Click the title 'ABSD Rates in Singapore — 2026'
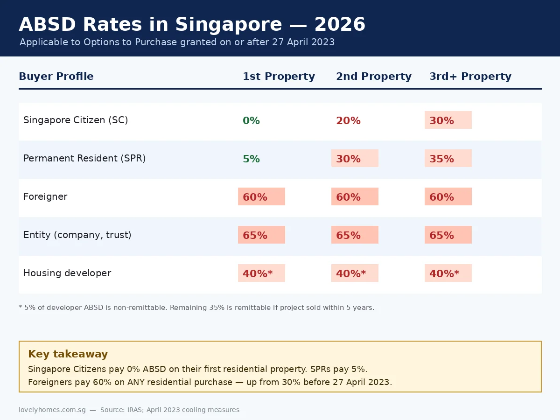tap(192, 24)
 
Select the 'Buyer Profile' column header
tap(56, 76)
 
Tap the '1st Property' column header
tap(279, 76)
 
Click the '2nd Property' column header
tap(373, 76)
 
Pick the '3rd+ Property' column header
tap(470, 76)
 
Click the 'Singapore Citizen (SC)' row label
tap(76, 120)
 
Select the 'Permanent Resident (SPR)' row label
tap(84, 158)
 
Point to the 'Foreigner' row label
tap(45, 196)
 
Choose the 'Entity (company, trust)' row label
tap(77, 235)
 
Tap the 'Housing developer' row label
tap(67, 273)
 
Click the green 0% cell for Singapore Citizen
tap(251, 120)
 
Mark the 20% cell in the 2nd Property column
tap(348, 120)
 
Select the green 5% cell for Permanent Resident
tap(251, 159)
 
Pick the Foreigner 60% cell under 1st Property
tap(261, 196)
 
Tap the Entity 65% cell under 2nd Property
tap(354, 235)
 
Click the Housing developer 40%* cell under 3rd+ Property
tap(448, 273)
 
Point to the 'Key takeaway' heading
tap(68, 354)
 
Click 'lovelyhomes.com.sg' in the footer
tap(52, 410)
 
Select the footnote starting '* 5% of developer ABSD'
tap(196, 308)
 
